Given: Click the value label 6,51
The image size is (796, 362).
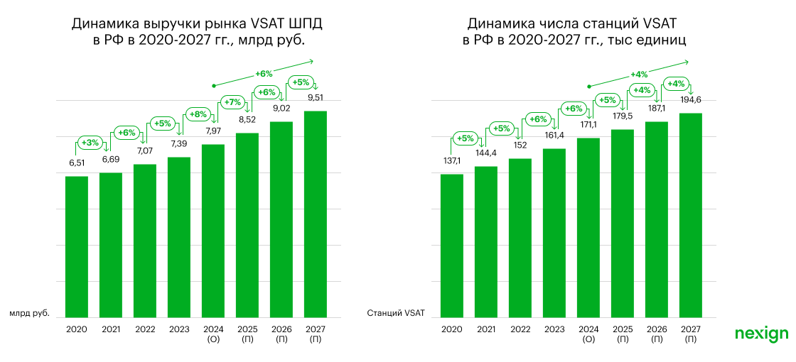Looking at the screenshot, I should coord(77,163).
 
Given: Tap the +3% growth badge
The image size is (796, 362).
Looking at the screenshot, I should coord(90,143).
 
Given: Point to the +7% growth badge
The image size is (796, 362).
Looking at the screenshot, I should coord(232,102).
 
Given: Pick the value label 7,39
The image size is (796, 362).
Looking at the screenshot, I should coord(179,144).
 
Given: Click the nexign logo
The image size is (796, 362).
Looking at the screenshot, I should coord(761,333).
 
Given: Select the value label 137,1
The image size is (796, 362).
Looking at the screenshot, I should coord(452,161).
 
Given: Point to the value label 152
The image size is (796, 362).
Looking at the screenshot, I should coord(520,145).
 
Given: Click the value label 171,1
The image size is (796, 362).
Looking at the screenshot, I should coord(588,124).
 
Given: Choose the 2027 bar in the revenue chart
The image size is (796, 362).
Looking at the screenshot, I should coord(316,214).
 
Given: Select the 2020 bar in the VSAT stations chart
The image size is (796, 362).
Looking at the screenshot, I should coord(452,246).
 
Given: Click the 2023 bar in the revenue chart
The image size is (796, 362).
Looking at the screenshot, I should coord(179,237).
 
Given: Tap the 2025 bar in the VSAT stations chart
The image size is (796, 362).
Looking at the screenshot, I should coord(623,223).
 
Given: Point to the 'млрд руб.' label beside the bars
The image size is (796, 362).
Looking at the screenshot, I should coord(30,312).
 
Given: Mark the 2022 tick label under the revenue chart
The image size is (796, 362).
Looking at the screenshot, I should coord(145,329).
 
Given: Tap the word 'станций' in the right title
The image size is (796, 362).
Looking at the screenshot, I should coord(610,24).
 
